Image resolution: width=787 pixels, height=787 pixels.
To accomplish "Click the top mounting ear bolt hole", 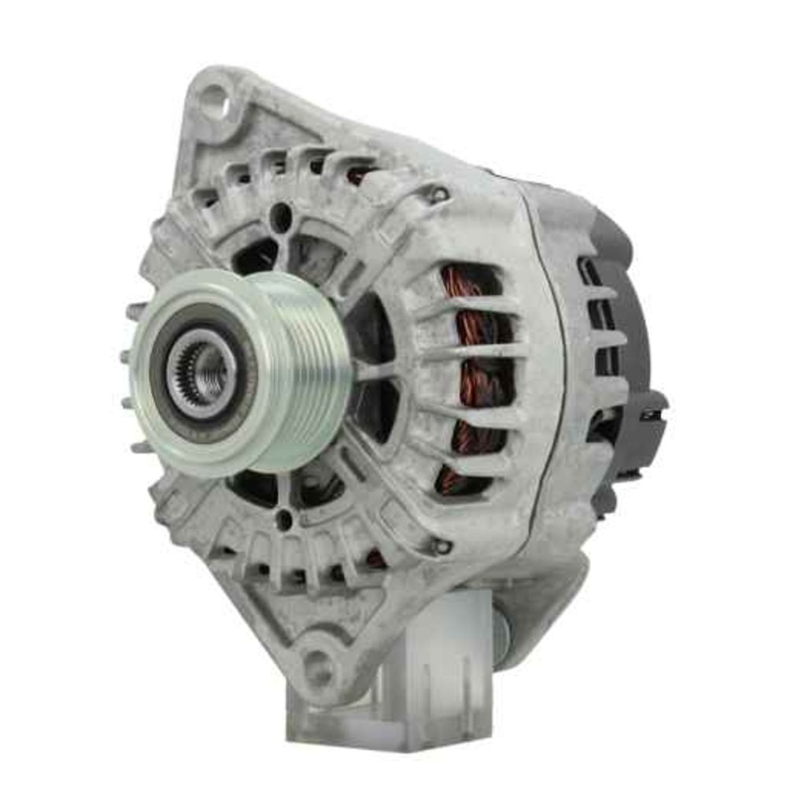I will tap(212, 101).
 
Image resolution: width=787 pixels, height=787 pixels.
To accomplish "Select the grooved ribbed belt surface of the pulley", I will tap(315, 370).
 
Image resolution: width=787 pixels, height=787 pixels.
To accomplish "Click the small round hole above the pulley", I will tap(281, 217).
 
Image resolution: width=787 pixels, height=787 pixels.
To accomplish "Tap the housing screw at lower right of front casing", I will tap(442, 545).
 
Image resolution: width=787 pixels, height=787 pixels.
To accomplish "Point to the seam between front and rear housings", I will tap(547, 354).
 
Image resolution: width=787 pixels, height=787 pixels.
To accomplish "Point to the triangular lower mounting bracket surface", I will tap(260, 614).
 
